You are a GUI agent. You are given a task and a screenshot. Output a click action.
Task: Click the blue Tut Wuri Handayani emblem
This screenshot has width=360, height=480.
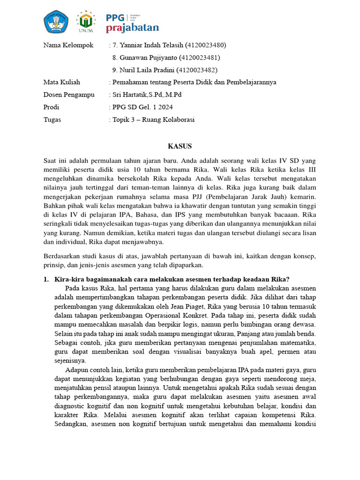[57, 22]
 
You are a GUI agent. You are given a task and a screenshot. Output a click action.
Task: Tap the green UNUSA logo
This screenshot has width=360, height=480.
[86, 22]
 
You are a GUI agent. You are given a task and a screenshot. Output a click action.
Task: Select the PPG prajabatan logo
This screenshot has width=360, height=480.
[132, 22]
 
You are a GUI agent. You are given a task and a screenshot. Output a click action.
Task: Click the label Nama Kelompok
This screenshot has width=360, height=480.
[68, 45]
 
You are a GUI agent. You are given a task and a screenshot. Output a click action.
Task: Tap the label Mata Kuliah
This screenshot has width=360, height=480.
[61, 82]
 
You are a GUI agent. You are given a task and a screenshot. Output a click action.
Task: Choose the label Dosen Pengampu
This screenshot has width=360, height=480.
[68, 95]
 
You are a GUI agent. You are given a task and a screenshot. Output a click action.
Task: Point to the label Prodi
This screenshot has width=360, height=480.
[51, 107]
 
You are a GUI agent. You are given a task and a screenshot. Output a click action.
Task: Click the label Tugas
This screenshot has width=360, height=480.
[52, 120]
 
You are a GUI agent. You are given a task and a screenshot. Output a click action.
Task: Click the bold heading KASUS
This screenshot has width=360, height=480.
[180, 146]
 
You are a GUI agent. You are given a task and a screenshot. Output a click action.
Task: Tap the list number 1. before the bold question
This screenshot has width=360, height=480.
[46, 279]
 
